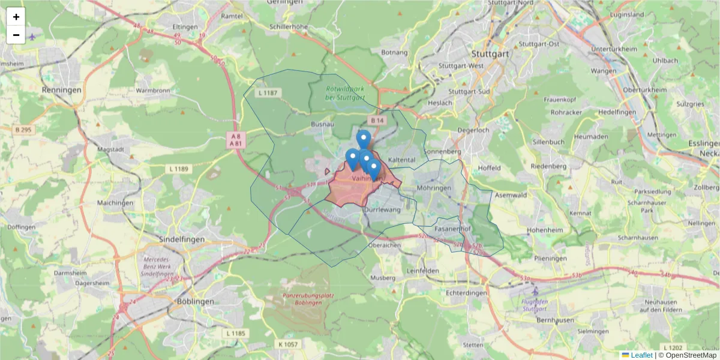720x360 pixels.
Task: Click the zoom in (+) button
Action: pyautogui.click(x=16, y=17)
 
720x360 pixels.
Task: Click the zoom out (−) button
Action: pyautogui.click(x=16, y=35)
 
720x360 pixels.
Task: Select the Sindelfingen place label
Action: pyautogui.click(x=181, y=239)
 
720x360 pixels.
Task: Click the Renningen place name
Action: pyautogui.click(x=62, y=89)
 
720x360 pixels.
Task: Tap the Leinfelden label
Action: pyautogui.click(x=423, y=271)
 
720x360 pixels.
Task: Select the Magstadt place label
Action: pyautogui.click(x=114, y=149)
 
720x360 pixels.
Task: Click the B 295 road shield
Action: pyautogui.click(x=23, y=130)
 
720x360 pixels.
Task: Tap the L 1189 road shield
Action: pyautogui.click(x=178, y=169)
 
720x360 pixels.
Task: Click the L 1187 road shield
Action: pyautogui.click(x=267, y=93)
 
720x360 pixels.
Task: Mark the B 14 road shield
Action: pyautogui.click(x=376, y=121)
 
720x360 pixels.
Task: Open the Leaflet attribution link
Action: pyautogui.click(x=641, y=355)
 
